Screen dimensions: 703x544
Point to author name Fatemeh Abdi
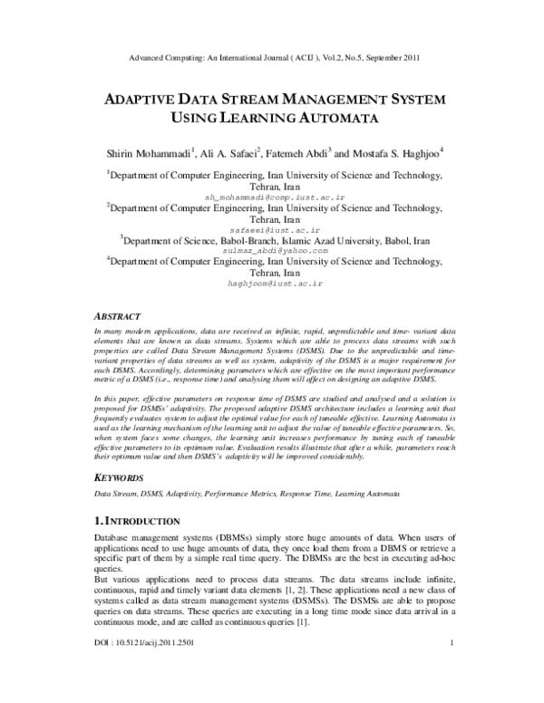point(300,153)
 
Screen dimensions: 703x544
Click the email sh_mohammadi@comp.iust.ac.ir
point(275,196)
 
